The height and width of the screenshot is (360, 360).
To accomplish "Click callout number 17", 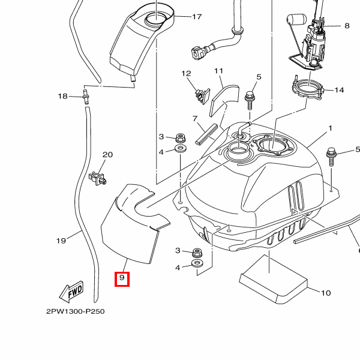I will [x=197, y=17].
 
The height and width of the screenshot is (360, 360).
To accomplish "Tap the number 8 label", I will [x=346, y=26].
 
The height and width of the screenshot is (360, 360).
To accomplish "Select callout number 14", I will [x=339, y=90].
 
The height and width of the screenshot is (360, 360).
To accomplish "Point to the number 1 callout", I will [x=329, y=129].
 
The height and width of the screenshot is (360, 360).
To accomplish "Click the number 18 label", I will [x=62, y=96].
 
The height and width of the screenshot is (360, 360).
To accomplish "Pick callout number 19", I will [x=61, y=241].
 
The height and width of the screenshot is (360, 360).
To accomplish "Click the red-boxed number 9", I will [x=122, y=278].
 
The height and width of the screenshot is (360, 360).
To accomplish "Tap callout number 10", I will [x=326, y=293].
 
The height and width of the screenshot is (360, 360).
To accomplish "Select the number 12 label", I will [x=186, y=74].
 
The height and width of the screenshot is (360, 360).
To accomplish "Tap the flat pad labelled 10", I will [x=274, y=278].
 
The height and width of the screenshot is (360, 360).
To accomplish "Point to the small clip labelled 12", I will [x=200, y=92].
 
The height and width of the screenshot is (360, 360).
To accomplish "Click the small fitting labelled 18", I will [x=85, y=95].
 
